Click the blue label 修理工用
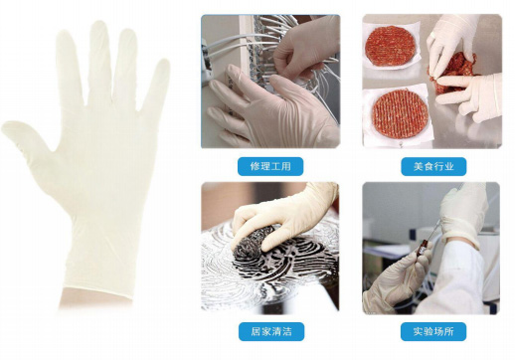[270, 166]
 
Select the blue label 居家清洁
[270, 330]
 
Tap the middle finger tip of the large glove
[96, 30]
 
